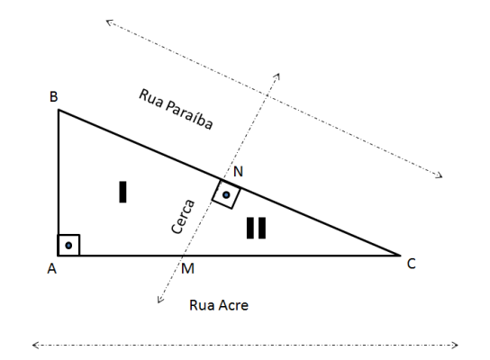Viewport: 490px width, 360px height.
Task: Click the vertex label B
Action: pyautogui.click(x=54, y=96)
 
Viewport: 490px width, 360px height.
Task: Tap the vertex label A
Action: pyautogui.click(x=52, y=268)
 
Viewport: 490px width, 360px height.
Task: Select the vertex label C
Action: pyautogui.click(x=412, y=264)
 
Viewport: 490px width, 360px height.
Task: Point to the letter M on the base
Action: pyautogui.click(x=187, y=268)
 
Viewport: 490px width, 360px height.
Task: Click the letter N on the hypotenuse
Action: pyautogui.click(x=238, y=171)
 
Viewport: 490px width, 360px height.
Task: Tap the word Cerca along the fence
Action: pyautogui.click(x=183, y=217)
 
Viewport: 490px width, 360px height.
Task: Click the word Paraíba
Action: pyautogui.click(x=189, y=115)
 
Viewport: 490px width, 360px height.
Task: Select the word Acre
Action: pyautogui.click(x=234, y=305)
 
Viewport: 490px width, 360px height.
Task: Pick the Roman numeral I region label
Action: pyautogui.click(x=122, y=192)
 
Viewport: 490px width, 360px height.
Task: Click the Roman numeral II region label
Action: pyautogui.click(x=256, y=228)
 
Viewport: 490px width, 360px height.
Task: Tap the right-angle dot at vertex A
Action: pyautogui.click(x=68, y=246)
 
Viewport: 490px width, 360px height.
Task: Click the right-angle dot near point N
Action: pyautogui.click(x=226, y=195)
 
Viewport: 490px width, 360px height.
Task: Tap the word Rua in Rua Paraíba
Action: pyautogui.click(x=150, y=98)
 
